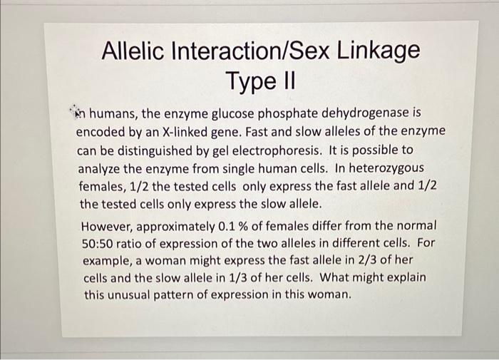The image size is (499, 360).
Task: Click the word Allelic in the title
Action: pyautogui.click(x=134, y=51)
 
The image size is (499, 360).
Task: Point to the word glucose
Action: pyautogui.click(x=232, y=113)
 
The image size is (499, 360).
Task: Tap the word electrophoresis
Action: pyautogui.click(x=277, y=150)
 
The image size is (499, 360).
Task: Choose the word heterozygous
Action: pyautogui.click(x=386, y=168)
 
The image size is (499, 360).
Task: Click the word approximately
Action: pyautogui.click(x=176, y=227)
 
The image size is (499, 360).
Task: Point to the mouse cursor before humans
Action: pyautogui.click(x=76, y=111)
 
